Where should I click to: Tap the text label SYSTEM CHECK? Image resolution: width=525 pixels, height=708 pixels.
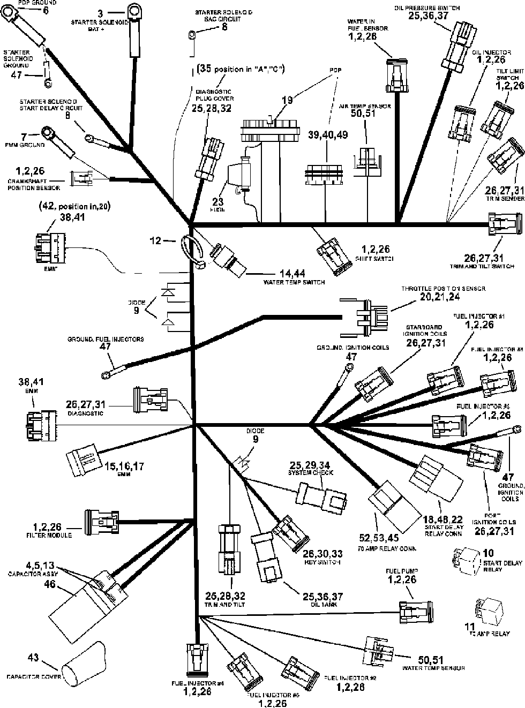(x=311, y=473)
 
